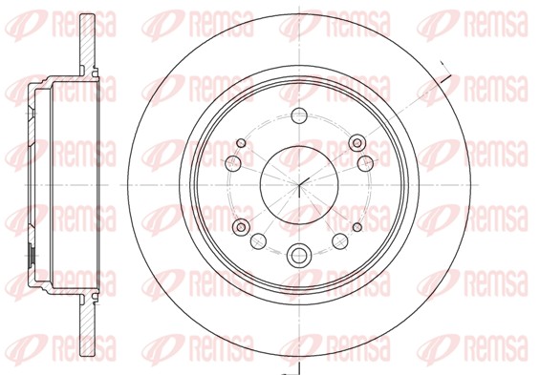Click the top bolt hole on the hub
299,115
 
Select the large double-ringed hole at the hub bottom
299,255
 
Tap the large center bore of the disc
299,185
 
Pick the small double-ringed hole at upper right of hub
357,142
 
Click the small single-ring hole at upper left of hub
241,142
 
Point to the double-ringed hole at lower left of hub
241,227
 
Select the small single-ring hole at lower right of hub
357,227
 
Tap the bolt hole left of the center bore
233,162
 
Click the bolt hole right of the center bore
365,163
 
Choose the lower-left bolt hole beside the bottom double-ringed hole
258,241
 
